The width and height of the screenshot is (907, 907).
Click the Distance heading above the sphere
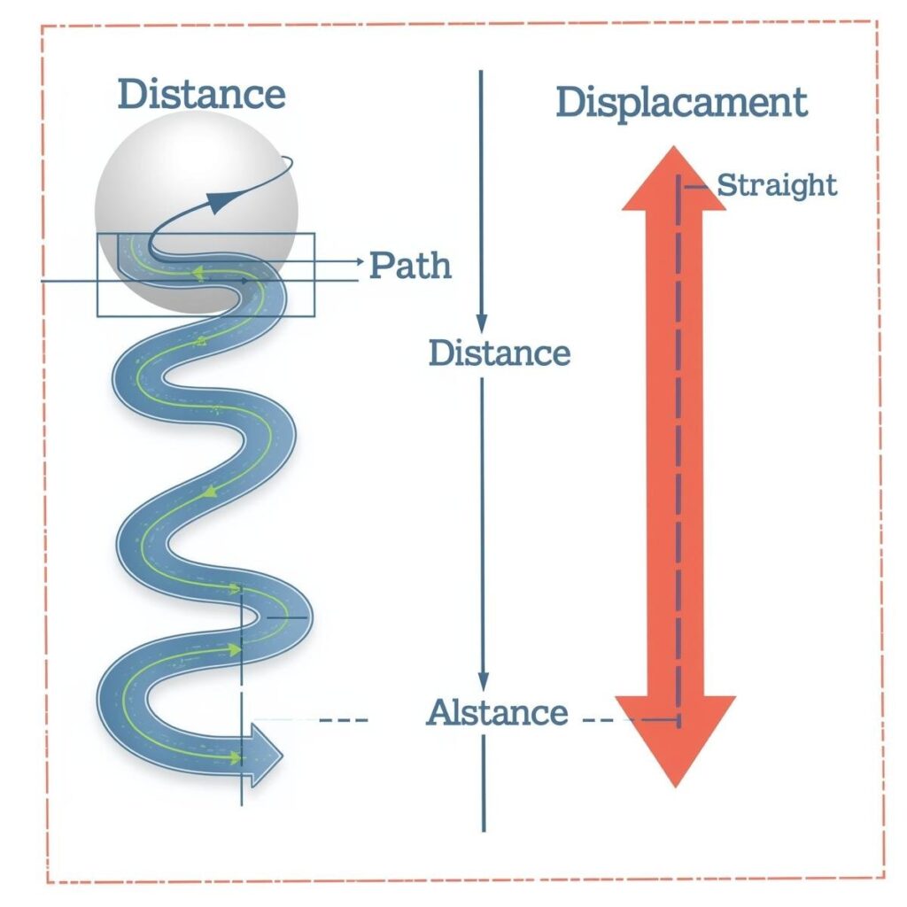click(x=202, y=94)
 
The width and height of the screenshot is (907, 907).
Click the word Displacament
click(x=681, y=103)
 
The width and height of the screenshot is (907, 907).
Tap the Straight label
click(x=776, y=186)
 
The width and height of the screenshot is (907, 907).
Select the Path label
click(x=409, y=265)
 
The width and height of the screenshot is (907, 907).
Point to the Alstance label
click(x=497, y=713)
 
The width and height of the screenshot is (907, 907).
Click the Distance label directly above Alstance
click(x=499, y=353)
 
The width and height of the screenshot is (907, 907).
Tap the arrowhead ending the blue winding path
click(x=267, y=755)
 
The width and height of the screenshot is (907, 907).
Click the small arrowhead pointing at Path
click(x=358, y=260)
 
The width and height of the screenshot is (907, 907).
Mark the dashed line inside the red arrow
click(x=679, y=443)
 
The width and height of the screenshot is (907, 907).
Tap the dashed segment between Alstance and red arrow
click(x=598, y=720)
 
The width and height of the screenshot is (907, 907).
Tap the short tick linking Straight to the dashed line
click(x=696, y=187)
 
